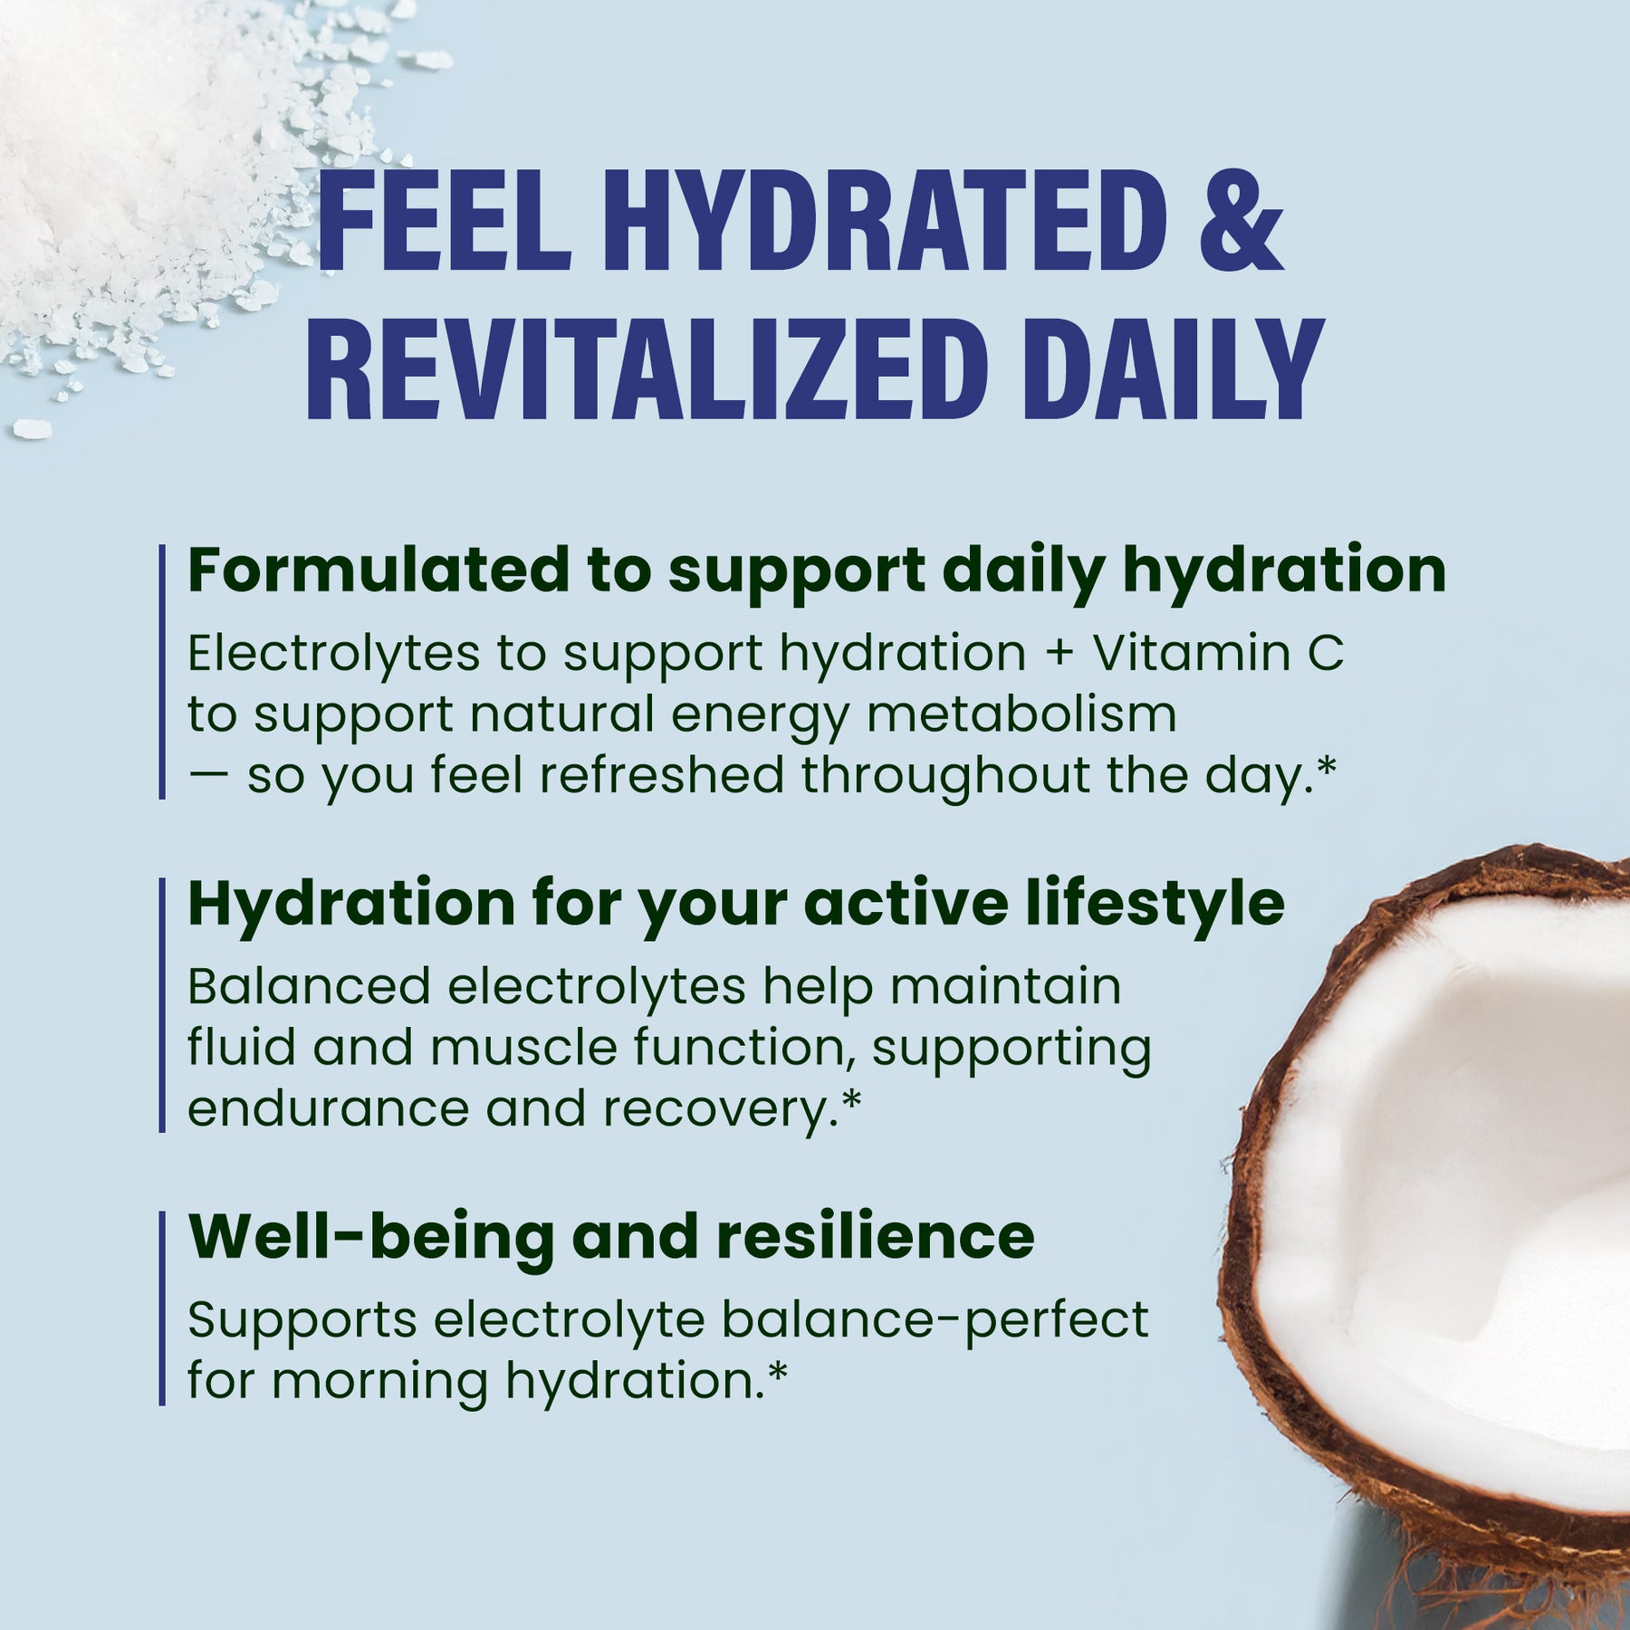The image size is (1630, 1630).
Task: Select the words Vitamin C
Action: tap(1218, 652)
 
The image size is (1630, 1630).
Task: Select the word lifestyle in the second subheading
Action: tap(1155, 904)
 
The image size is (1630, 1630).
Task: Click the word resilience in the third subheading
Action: tap(875, 1237)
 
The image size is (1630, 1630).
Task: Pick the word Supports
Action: tap(302, 1320)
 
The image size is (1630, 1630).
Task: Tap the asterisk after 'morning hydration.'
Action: tap(777, 1374)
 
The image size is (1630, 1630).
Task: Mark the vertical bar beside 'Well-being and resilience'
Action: tap(162, 1308)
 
